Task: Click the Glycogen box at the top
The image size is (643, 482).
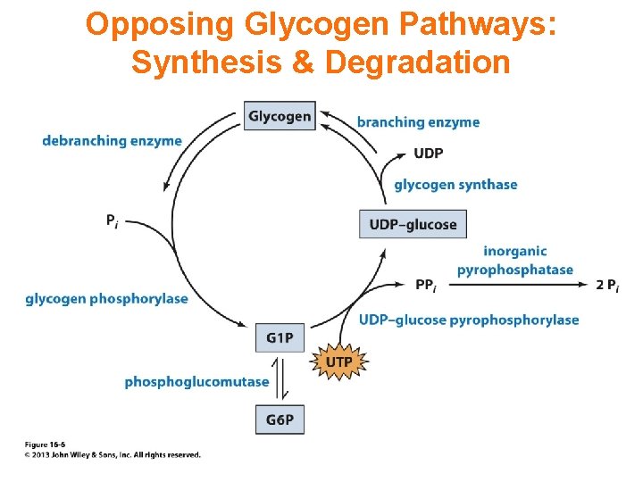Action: click(x=280, y=116)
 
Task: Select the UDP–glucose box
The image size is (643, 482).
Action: click(x=413, y=224)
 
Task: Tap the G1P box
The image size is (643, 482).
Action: click(x=280, y=337)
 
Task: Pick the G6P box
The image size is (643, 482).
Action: click(x=280, y=420)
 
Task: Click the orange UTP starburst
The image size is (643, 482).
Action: click(x=338, y=361)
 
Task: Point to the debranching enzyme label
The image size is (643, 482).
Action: click(x=112, y=141)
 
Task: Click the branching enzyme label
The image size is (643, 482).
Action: click(x=418, y=122)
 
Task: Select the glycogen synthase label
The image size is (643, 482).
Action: click(x=455, y=185)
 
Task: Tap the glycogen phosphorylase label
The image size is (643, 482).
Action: click(x=106, y=299)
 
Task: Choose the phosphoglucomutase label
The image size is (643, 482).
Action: click(x=196, y=382)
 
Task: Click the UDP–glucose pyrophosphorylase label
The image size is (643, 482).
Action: click(x=469, y=320)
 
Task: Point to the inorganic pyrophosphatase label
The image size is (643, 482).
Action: click(x=515, y=261)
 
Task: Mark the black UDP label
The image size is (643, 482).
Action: click(x=429, y=154)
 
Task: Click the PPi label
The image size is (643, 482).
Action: click(x=426, y=286)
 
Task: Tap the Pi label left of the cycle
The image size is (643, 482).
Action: click(x=112, y=220)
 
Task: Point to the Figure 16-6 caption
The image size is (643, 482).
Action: click(x=45, y=444)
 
